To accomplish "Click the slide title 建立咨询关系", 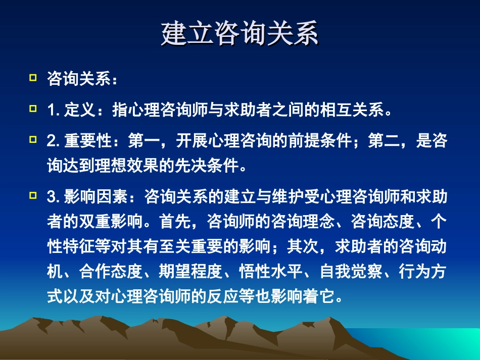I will tap(240, 34).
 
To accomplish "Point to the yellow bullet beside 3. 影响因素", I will tap(33, 195).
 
